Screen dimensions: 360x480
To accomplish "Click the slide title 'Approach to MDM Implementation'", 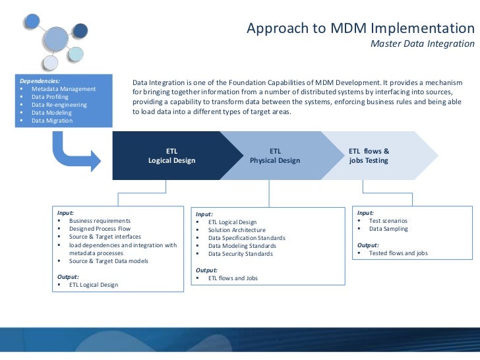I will pos(360,29).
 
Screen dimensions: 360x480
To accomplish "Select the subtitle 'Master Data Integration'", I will pos(422,44).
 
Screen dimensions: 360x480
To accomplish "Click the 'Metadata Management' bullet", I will pos(63,89).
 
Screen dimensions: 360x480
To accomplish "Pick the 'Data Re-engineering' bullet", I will pos(59,105).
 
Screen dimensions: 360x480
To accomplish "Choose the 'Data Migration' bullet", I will pos(52,121).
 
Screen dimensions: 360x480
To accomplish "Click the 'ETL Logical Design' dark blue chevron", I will pos(171,156).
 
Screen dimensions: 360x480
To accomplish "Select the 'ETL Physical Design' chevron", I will pos(275,156).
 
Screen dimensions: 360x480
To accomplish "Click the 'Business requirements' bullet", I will pos(100,220).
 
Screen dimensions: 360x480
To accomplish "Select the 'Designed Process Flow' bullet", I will pos(100,229).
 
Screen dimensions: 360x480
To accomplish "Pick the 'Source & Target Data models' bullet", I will pos(108,260).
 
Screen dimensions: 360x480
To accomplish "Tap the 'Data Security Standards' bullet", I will pos(240,254).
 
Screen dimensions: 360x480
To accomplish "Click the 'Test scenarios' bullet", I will pos(388,221).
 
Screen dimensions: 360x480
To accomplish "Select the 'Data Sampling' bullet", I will pos(388,229).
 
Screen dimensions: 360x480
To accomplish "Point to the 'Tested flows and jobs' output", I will pos(398,253).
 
